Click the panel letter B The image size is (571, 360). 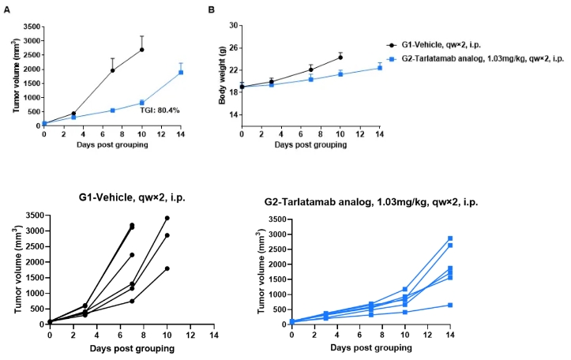click(211, 9)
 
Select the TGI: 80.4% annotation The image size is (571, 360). click(160, 110)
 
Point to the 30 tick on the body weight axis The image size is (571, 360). click(234, 25)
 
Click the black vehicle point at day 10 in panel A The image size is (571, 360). click(142, 50)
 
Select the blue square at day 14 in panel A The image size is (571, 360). click(181, 73)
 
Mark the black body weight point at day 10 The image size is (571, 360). click(340, 57)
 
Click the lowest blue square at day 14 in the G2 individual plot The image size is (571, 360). click(451, 305)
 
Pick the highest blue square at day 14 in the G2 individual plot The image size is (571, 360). click(451, 238)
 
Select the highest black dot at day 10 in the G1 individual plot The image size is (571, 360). click(167, 218)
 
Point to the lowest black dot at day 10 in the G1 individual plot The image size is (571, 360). click(167, 268)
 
